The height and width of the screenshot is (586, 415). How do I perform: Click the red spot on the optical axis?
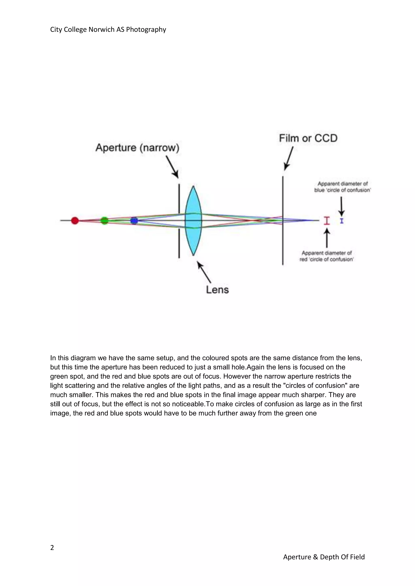[x=75, y=221]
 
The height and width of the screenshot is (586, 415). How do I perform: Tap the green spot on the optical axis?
[x=104, y=221]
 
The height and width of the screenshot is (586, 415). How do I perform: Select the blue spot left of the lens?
[x=134, y=221]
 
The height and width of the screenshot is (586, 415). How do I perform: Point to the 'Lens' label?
[x=217, y=290]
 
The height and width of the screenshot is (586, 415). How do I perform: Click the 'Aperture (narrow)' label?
[x=137, y=148]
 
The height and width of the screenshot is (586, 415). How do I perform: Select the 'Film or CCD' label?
[x=308, y=138]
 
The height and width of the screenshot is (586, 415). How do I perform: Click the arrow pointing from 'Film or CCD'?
[x=289, y=158]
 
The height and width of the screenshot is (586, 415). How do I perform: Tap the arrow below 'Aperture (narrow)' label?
[x=172, y=167]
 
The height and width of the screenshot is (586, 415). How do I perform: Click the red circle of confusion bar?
[x=327, y=221]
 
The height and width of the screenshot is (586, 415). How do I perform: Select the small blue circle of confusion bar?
[x=342, y=221]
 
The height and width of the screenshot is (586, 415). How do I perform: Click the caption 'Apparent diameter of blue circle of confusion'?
[x=342, y=187]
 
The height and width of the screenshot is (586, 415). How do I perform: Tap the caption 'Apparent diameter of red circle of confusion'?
[x=327, y=256]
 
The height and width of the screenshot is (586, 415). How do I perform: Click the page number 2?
[x=52, y=548]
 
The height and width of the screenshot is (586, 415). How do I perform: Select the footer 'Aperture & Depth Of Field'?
[x=324, y=557]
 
